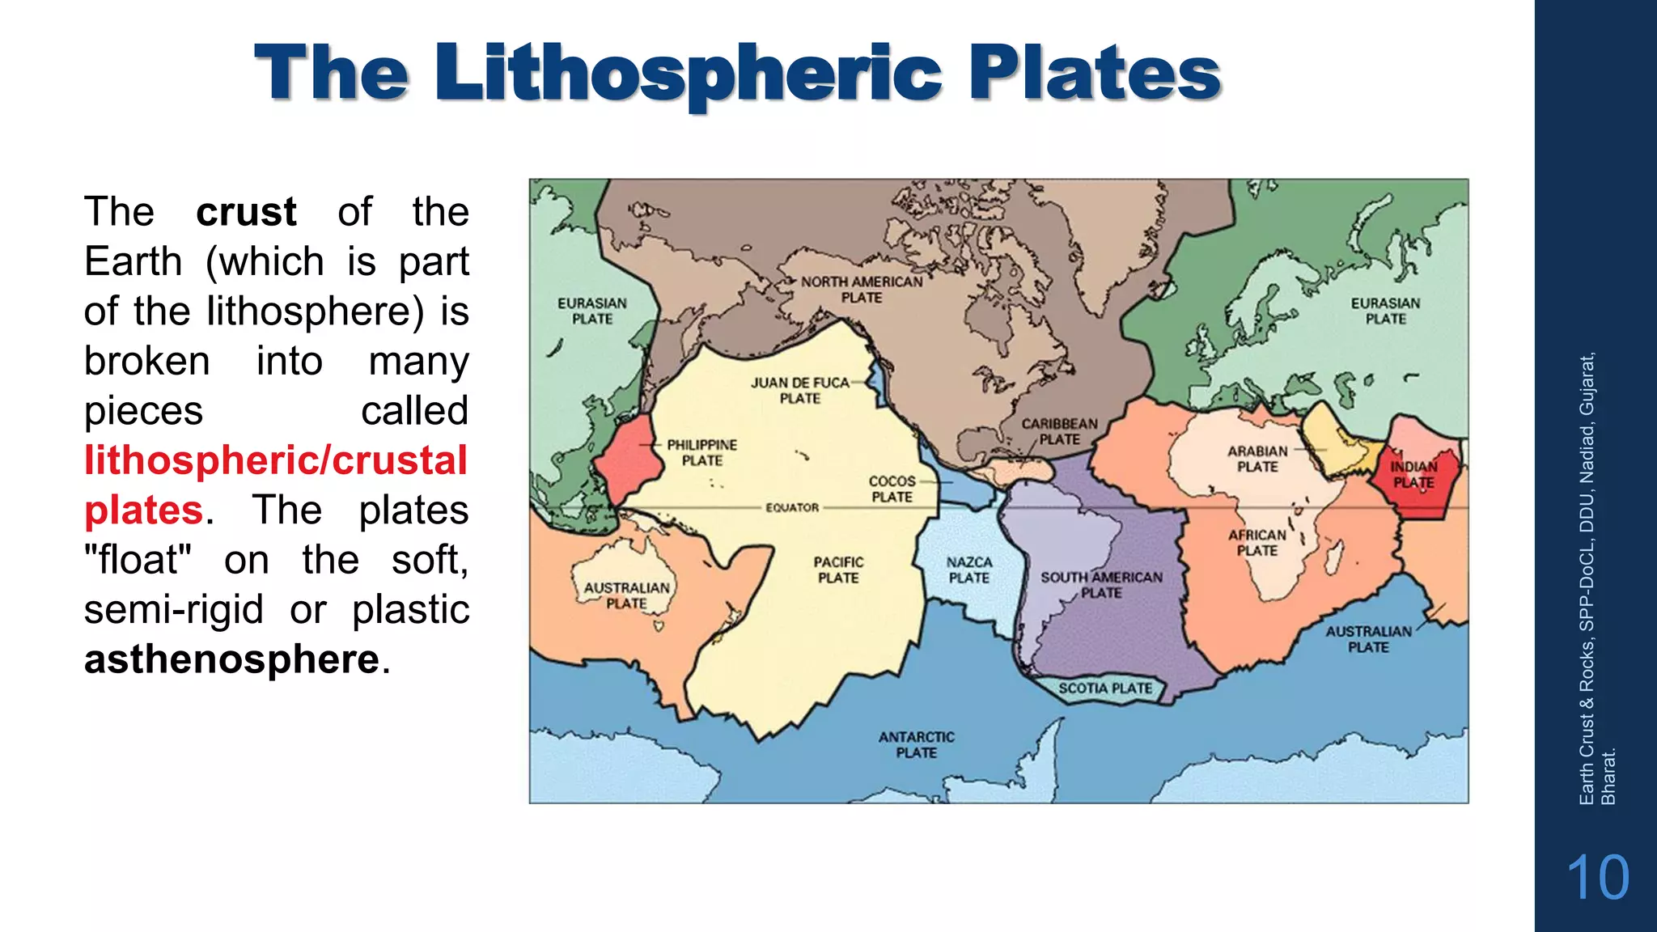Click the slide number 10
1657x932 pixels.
pos(1597,878)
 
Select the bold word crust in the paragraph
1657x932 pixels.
pos(246,212)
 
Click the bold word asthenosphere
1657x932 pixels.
pos(231,659)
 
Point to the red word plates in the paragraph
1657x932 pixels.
pos(143,510)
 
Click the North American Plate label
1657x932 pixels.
pos(862,290)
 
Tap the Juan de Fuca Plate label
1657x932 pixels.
pos(799,390)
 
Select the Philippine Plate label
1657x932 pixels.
pos(701,452)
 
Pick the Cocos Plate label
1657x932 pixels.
pos(892,489)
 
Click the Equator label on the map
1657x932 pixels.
pos(792,507)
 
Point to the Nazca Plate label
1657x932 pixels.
pos(969,570)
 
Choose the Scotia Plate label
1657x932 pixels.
pos(1105,688)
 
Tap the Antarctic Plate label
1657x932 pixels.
pos(916,744)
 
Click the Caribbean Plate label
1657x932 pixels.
pos(1059,431)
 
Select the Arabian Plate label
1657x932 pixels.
pos(1257,459)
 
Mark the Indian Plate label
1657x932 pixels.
pos(1413,475)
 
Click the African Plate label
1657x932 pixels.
pos(1257,542)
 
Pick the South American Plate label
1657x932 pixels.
pos(1101,585)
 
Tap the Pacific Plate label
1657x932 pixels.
pos(838,570)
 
